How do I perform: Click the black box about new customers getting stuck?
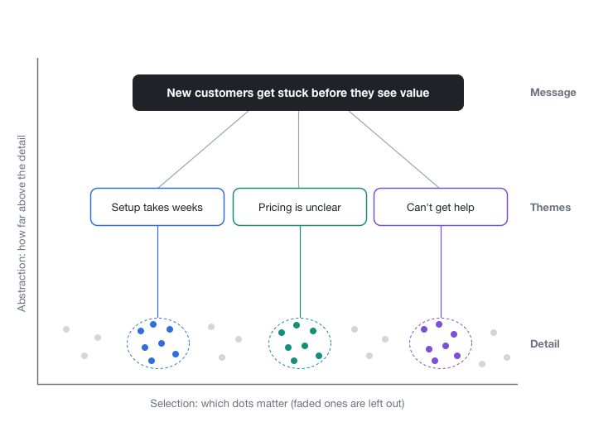click(x=298, y=93)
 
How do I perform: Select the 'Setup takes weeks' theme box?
click(x=157, y=207)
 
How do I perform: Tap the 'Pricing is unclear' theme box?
click(x=300, y=207)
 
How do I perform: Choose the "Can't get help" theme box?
click(x=441, y=207)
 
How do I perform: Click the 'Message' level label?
click(x=553, y=93)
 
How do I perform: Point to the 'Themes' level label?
click(x=550, y=208)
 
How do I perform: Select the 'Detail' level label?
click(x=544, y=344)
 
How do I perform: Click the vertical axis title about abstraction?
click(x=22, y=223)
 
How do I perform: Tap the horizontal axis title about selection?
click(x=278, y=403)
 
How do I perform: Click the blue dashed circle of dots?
click(x=127, y=343)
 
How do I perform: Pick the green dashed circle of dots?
click(x=268, y=343)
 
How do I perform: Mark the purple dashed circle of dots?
click(x=409, y=343)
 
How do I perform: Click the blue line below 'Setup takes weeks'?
click(x=158, y=271)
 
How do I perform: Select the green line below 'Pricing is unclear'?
click(x=300, y=271)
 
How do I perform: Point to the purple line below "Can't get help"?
click(x=441, y=271)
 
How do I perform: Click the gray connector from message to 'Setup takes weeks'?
click(x=203, y=150)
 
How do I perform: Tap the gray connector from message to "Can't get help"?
click(x=393, y=150)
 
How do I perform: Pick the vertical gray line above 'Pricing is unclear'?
click(x=299, y=150)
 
